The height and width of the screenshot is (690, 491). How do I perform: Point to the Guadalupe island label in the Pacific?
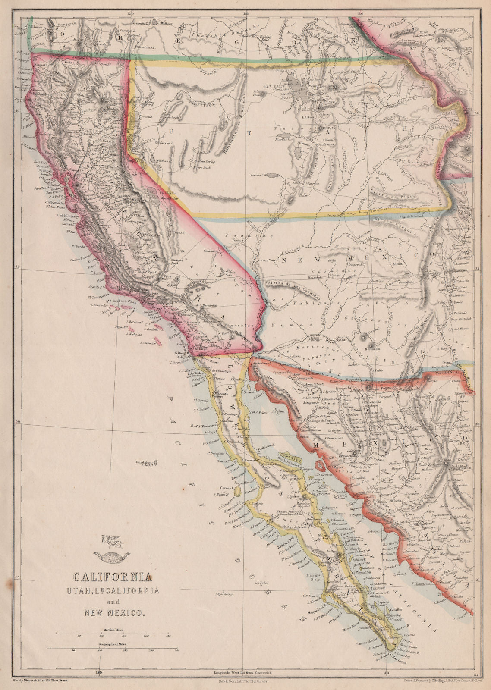pyautogui.click(x=145, y=463)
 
